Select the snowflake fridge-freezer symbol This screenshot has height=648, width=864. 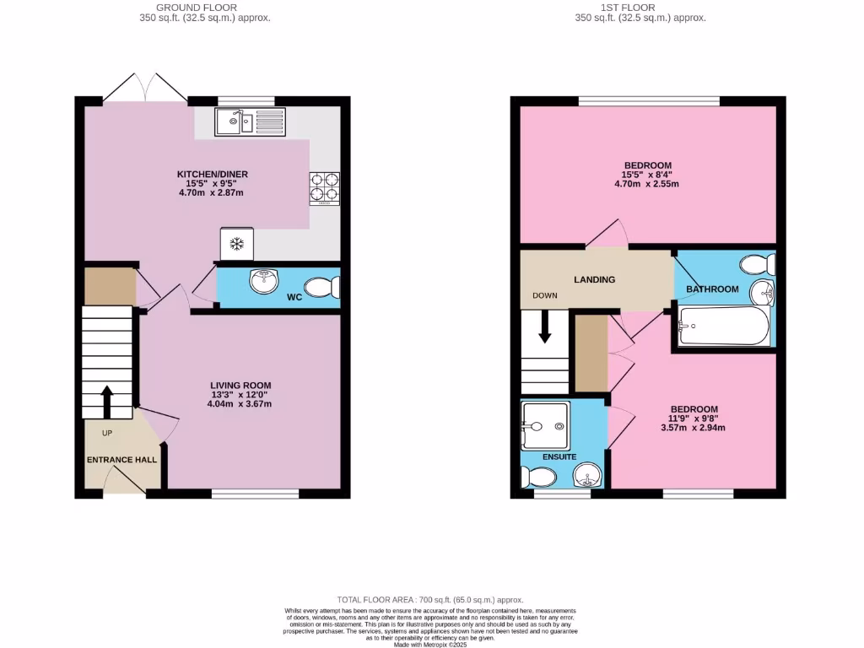pos(237,245)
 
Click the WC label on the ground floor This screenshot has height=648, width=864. pos(294,297)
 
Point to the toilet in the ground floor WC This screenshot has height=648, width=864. pos(322,289)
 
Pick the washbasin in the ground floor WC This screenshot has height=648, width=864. pos(265,281)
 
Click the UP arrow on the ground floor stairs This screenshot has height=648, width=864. pos(107,402)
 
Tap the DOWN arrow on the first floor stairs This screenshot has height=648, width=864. pos(544,327)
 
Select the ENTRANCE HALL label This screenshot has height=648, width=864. pos(122,460)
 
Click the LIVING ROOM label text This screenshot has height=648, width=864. pos(241,386)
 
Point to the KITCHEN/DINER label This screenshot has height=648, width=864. pos(213,175)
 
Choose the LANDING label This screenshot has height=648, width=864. pos(595,279)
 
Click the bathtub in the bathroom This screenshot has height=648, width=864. pos(724,325)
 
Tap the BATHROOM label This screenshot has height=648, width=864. pos(712,289)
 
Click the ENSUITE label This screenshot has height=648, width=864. pos(559,456)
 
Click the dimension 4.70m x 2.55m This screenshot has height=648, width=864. pos(647,183)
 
